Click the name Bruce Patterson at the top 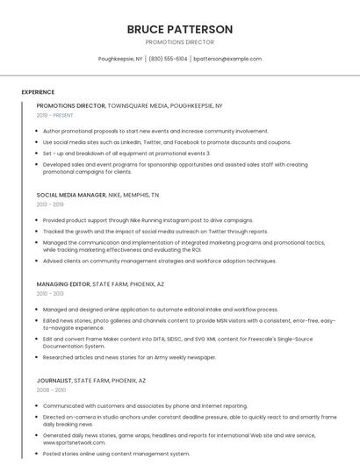click(180, 29)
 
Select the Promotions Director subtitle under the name click(180, 41)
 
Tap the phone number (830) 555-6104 click(168, 59)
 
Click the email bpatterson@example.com click(227, 59)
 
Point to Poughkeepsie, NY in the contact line click(120, 59)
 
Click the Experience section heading click(38, 92)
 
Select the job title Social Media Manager click(71, 195)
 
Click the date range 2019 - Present click(55, 115)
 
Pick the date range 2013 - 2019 click(50, 204)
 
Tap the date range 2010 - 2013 click(50, 294)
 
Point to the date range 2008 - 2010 click(51, 390)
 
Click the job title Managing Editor click(62, 284)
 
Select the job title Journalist click(54, 381)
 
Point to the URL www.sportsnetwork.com click(68, 443)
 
